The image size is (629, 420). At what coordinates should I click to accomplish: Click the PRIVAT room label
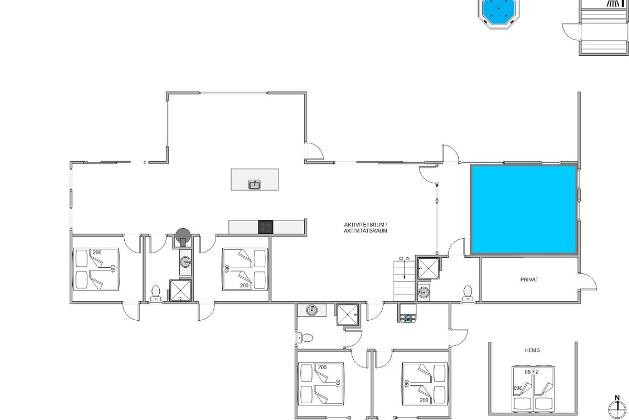(x=529, y=280)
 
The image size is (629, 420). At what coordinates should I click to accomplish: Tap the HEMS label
(x=532, y=350)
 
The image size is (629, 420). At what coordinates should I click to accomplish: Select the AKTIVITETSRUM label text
(x=365, y=225)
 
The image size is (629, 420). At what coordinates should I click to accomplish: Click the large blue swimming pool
(x=524, y=209)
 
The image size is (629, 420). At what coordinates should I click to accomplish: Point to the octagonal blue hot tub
(x=498, y=13)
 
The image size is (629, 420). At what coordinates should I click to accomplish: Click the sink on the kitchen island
(x=254, y=185)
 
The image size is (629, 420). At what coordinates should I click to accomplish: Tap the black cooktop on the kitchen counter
(x=266, y=227)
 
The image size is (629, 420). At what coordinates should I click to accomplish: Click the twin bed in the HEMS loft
(x=533, y=389)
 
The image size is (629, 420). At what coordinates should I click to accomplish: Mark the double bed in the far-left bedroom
(x=96, y=269)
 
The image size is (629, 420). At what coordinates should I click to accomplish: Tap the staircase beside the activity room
(x=404, y=281)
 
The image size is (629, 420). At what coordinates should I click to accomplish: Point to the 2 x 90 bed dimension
(x=532, y=372)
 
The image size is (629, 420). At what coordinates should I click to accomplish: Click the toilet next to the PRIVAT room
(x=468, y=293)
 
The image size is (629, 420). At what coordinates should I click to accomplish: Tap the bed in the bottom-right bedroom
(x=425, y=384)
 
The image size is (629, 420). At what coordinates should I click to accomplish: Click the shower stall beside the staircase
(x=428, y=268)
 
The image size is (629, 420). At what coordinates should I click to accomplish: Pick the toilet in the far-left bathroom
(x=156, y=293)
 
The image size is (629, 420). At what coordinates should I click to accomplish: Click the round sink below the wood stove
(x=186, y=262)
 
